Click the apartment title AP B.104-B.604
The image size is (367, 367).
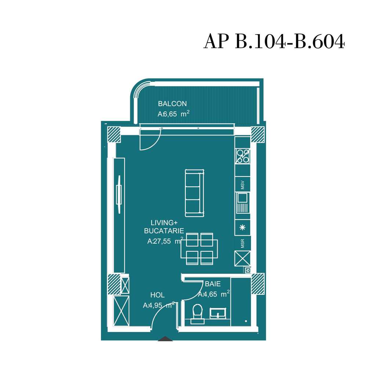click(x=274, y=41)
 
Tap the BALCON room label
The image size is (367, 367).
click(x=172, y=104)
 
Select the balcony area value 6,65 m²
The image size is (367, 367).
click(x=173, y=114)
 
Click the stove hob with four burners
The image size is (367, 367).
click(x=242, y=156)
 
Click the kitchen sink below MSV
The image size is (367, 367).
click(x=242, y=203)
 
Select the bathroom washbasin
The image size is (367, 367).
click(x=219, y=314)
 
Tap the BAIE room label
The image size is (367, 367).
click(x=213, y=284)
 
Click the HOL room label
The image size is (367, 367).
click(x=157, y=295)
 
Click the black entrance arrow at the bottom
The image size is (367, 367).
click(x=165, y=339)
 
